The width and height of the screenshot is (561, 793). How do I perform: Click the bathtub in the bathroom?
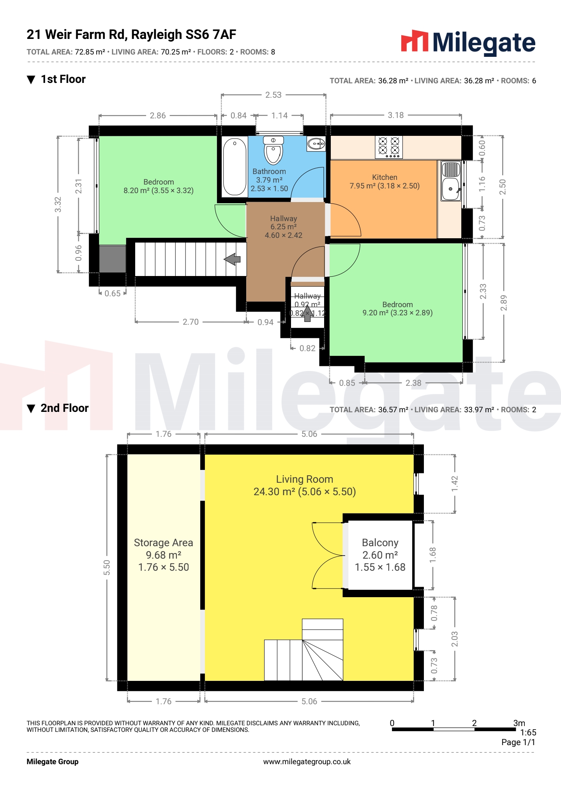235,167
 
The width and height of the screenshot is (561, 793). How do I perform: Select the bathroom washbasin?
316,144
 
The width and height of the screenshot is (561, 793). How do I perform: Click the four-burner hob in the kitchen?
389,147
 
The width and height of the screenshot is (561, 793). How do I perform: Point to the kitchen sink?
451,181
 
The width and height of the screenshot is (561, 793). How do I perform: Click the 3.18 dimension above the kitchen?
396,115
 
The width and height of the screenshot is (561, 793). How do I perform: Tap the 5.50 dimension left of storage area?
107,568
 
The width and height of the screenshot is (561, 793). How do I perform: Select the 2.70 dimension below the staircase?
191,322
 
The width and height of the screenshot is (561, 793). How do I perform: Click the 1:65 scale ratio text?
528,733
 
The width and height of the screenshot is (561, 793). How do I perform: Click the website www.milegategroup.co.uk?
307,762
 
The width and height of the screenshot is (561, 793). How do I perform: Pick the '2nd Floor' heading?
65,408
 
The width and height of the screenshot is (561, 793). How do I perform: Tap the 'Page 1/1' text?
518,742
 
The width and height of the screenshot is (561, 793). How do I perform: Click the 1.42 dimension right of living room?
455,484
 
